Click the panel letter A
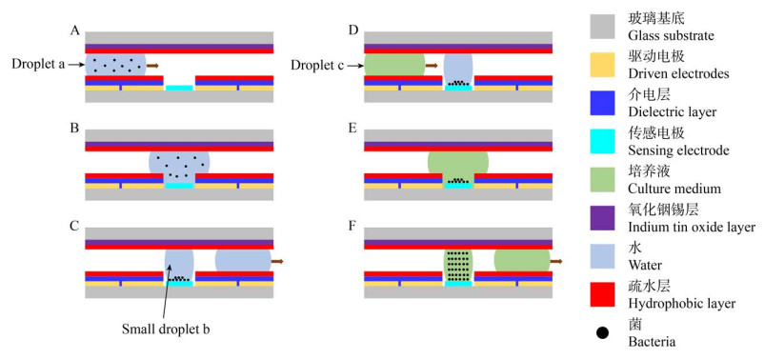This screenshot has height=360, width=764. [x=74, y=30]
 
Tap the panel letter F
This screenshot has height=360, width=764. [x=352, y=227]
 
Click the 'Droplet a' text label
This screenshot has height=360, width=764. [x=38, y=65]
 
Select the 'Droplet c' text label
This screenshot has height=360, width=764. [x=318, y=65]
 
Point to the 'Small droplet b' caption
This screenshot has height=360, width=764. [x=166, y=330]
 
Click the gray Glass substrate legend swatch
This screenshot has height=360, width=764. [x=605, y=27]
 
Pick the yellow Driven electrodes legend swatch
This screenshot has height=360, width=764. [x=605, y=65]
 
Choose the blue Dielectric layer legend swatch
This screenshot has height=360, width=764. [x=605, y=103]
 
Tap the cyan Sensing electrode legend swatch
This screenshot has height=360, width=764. [x=605, y=141]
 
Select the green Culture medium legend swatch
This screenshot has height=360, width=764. [x=605, y=179]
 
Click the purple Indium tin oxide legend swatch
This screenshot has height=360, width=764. [x=605, y=218]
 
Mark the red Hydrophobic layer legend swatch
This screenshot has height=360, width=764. [x=605, y=294]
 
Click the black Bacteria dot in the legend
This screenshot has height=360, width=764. [x=603, y=333]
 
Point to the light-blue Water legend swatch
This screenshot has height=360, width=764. [x=605, y=256]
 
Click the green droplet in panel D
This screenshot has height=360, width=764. [x=394, y=65]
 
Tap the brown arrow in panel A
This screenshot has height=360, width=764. [x=152, y=65]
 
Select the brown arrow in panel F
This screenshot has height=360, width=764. [x=556, y=262]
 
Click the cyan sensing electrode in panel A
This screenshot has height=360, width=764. [x=179, y=89]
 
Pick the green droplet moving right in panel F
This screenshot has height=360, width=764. [x=522, y=261]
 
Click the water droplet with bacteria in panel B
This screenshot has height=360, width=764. [x=179, y=167]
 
